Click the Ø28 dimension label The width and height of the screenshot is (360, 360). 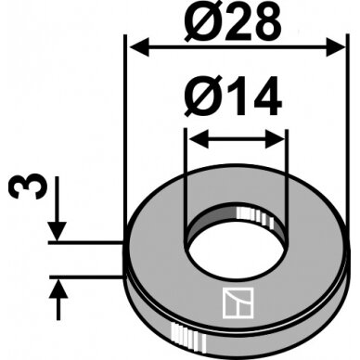[233, 22]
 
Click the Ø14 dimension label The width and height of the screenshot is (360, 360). [233, 96]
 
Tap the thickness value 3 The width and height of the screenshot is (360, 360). [29, 186]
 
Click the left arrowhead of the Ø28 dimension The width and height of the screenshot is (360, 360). [139, 47]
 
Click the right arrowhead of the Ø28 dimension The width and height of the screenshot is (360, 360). [335, 47]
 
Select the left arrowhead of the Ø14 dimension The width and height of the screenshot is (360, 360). [199, 139]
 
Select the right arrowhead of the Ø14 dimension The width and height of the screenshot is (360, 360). [275, 139]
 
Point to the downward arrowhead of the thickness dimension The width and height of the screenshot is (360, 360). [58, 231]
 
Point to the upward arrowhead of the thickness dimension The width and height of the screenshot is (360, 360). [58, 289]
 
